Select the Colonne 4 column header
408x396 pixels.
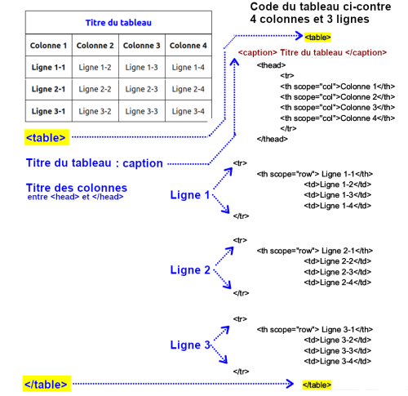pyautogui.click(x=188, y=45)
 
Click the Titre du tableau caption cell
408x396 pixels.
pyautogui.click(x=119, y=23)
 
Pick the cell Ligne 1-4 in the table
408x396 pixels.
pyautogui.click(x=188, y=67)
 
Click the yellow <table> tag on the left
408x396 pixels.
pyautogui.click(x=47, y=137)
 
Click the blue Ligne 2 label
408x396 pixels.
pyautogui.click(x=190, y=270)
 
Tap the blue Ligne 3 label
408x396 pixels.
pyautogui.click(x=190, y=345)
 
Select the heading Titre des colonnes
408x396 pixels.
pyautogui.click(x=77, y=187)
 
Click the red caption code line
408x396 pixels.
pyautogui.click(x=312, y=52)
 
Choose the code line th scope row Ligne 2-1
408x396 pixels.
pyautogui.click(x=315, y=251)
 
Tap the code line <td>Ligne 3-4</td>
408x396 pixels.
pyautogui.click(x=338, y=360)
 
